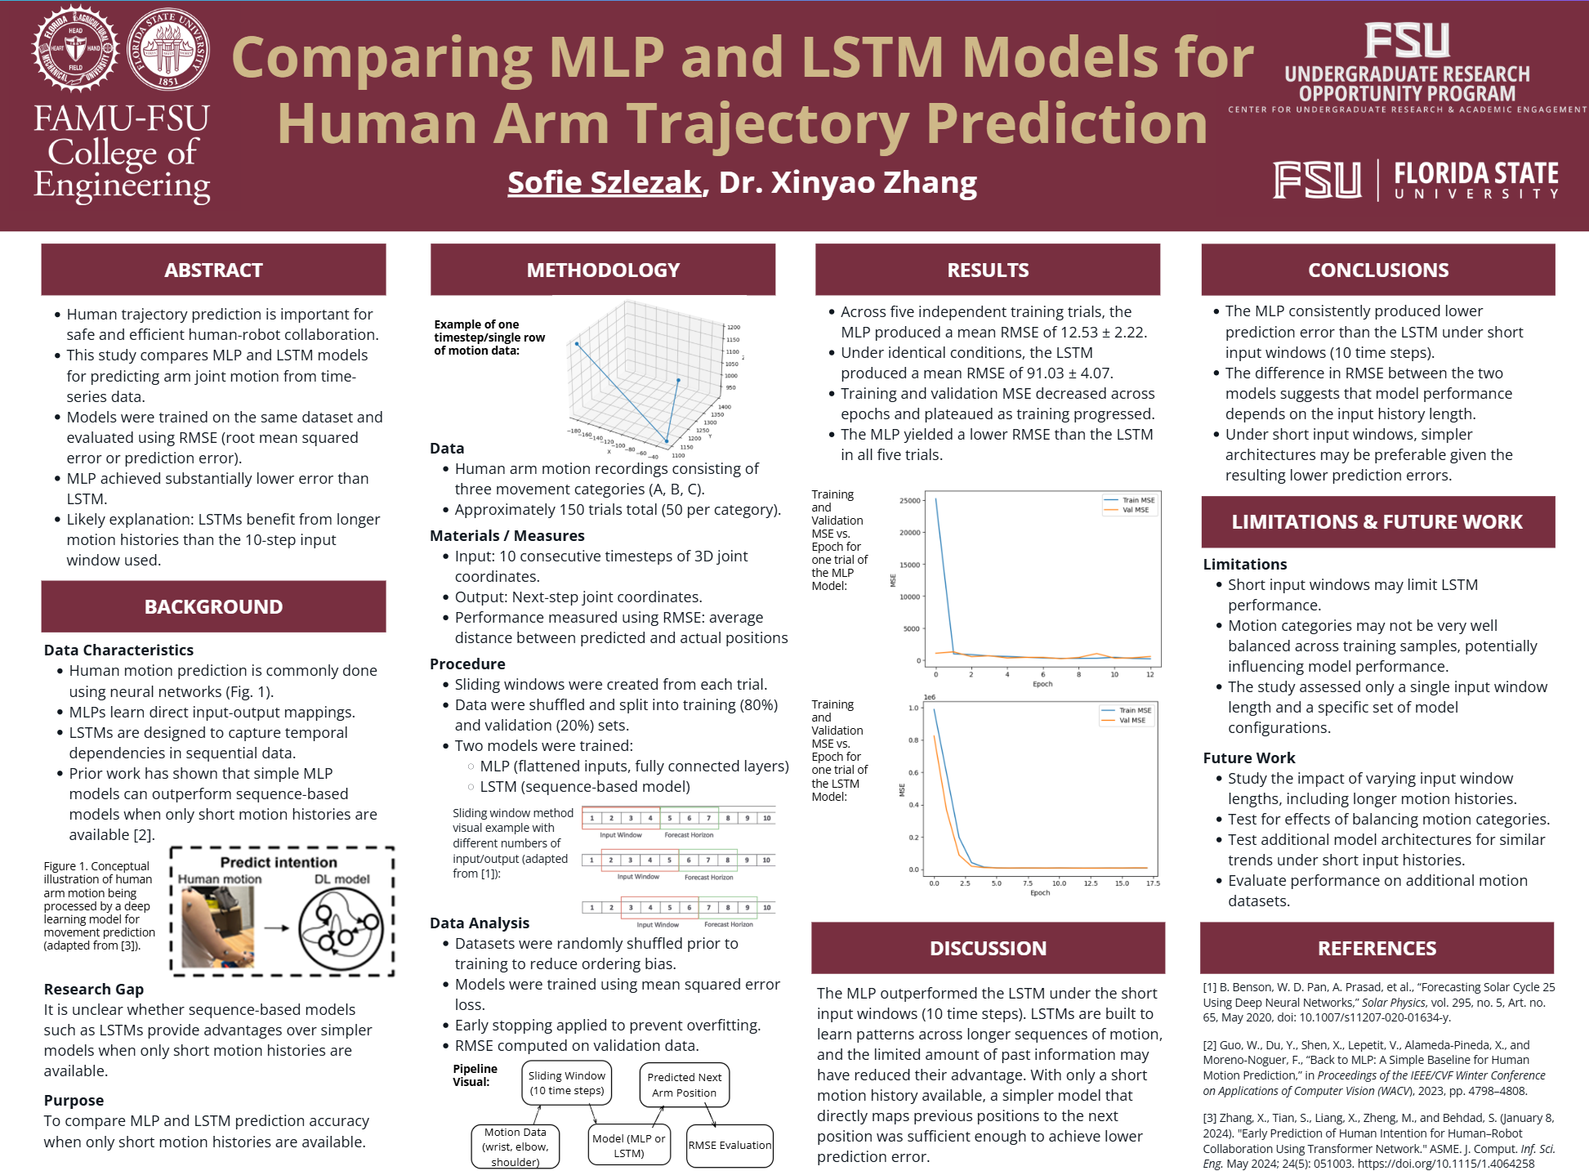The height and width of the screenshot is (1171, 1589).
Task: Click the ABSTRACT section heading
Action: tap(213, 270)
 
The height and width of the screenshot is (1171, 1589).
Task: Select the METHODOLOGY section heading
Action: tap(603, 270)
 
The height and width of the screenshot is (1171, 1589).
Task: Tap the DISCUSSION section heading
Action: tap(988, 948)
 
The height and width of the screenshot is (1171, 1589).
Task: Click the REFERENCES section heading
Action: tap(1377, 948)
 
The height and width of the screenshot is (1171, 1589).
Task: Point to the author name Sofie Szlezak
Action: tap(605, 182)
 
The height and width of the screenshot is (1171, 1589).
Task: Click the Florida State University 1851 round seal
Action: tap(167, 50)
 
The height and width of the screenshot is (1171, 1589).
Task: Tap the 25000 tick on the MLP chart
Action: tap(909, 500)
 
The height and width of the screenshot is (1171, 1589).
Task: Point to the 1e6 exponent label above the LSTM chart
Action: tap(929, 697)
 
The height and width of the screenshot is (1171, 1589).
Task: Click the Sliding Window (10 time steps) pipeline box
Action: tap(567, 1083)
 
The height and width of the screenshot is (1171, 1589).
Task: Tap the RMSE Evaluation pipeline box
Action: tap(730, 1145)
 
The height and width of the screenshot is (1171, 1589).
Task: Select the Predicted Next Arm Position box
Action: tap(684, 1084)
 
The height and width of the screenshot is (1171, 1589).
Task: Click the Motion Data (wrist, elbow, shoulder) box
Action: tap(516, 1146)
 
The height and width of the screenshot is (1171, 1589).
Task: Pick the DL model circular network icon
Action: tap(341, 928)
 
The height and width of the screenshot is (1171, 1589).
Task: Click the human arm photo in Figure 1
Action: tap(217, 927)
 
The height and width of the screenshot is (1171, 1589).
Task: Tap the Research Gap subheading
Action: tap(94, 989)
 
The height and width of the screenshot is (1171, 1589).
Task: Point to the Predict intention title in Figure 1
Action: tap(279, 862)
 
